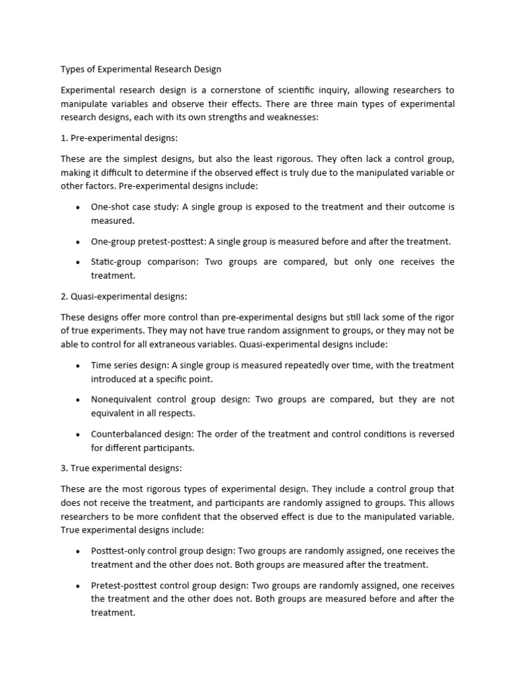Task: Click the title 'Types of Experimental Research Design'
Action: pyautogui.click(x=140, y=69)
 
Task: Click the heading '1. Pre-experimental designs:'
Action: pyautogui.click(x=118, y=138)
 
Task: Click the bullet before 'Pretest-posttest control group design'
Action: pyautogui.click(x=79, y=585)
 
